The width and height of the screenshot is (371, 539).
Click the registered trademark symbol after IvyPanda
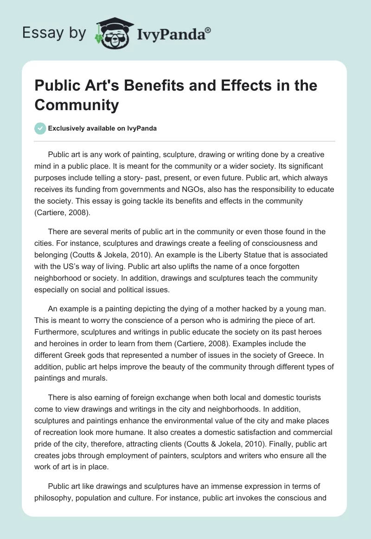point(208,30)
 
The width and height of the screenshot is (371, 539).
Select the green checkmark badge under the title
point(40,128)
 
